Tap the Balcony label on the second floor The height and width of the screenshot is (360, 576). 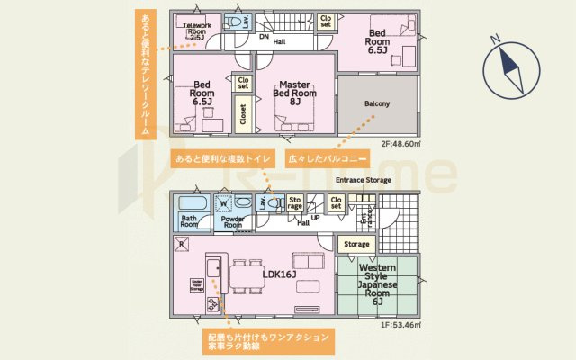pyautogui.click(x=377, y=104)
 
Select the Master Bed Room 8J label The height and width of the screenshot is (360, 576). pyautogui.click(x=294, y=89)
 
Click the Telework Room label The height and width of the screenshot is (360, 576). pyautogui.click(x=195, y=30)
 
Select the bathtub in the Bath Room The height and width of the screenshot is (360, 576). pyautogui.click(x=189, y=203)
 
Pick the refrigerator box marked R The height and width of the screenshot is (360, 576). pyautogui.click(x=181, y=244)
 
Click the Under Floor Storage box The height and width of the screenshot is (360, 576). pyautogui.click(x=194, y=285)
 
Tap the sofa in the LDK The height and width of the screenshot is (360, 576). pyautogui.click(x=308, y=262)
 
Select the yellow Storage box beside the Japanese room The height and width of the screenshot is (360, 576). pyautogui.click(x=357, y=244)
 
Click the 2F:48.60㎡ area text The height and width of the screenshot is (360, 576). pyautogui.click(x=401, y=143)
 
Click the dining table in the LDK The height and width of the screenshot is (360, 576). pyautogui.click(x=247, y=274)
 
